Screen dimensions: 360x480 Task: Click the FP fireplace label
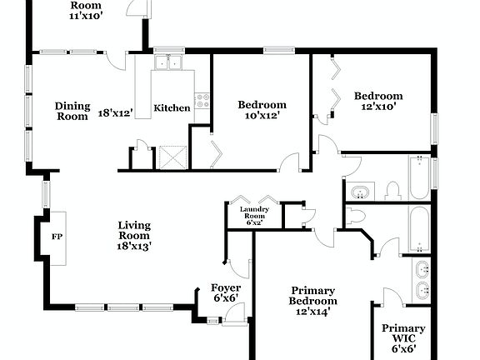[x=57, y=237]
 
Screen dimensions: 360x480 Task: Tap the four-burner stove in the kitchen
[x=202, y=102]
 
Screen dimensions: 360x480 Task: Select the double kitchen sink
[x=169, y=62]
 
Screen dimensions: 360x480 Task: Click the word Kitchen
[x=172, y=108]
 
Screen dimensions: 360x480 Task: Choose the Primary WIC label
[x=403, y=334]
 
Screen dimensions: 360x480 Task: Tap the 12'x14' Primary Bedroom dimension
[x=313, y=312]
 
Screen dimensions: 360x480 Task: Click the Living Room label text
[x=133, y=231]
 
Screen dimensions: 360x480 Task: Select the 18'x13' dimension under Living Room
[x=133, y=246]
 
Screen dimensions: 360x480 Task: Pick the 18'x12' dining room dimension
[x=116, y=112]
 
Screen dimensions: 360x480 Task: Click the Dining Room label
[x=72, y=112]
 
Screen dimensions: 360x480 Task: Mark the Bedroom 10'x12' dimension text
[x=262, y=116]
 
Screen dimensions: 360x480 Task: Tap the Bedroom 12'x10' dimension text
[x=377, y=107]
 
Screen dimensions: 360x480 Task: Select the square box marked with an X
[x=171, y=157]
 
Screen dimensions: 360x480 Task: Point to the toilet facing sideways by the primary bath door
[x=357, y=217]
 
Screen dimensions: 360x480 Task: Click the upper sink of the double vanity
[x=422, y=269]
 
